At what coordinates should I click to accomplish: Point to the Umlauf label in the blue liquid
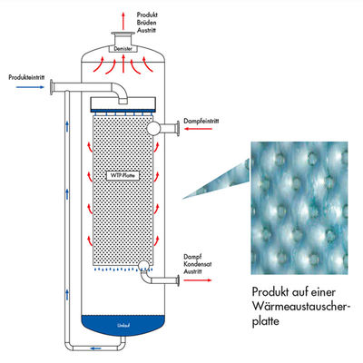pos(121,323)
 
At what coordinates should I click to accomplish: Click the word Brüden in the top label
pos(148,22)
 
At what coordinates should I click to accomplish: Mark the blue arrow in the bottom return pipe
pos(94,348)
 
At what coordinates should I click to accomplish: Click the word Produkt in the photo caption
pos(270,293)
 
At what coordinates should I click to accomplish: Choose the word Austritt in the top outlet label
pos(149,31)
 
